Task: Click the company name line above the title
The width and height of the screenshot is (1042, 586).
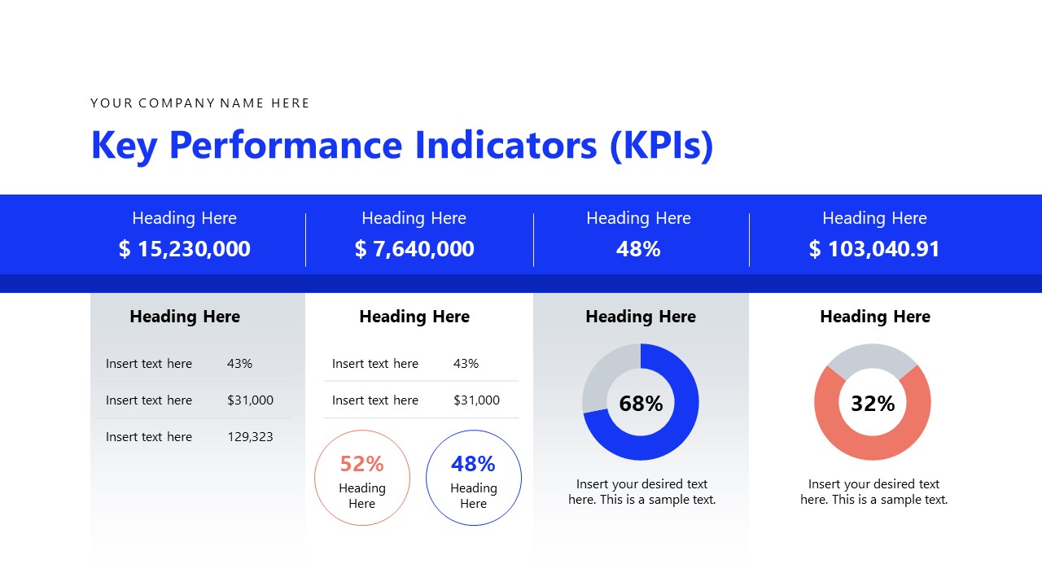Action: point(199,103)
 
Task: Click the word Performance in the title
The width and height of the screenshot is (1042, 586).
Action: point(286,145)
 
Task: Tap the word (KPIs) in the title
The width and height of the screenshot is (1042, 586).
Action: point(661,145)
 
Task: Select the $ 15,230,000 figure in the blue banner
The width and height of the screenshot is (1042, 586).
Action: point(185,249)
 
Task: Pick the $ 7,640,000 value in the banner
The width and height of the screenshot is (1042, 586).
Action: point(414,249)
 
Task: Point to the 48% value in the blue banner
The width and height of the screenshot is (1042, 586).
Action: point(638,249)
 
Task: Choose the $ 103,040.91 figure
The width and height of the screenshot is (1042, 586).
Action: point(874,249)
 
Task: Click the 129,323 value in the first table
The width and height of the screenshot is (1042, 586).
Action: point(250,437)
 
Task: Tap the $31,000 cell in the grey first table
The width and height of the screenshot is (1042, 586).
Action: point(250,400)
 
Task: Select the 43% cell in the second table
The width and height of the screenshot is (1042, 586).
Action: point(466,364)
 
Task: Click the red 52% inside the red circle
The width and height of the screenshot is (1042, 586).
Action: point(361,464)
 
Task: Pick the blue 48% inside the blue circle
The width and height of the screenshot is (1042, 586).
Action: point(473,464)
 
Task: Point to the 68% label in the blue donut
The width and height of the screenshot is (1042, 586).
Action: point(641,404)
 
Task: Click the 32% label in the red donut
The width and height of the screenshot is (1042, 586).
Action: point(873,404)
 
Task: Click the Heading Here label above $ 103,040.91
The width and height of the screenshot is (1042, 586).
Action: point(874,218)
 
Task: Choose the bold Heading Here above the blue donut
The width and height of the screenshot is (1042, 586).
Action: point(641,317)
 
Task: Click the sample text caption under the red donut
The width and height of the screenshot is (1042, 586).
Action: point(873,492)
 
